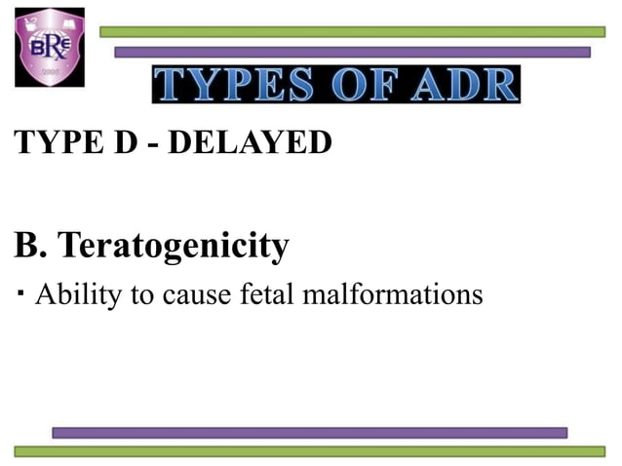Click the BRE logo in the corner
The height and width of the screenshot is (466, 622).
tap(49, 46)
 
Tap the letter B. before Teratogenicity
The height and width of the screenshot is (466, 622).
tap(30, 247)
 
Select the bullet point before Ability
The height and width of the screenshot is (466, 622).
tap(19, 291)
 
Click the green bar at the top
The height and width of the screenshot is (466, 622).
tap(352, 32)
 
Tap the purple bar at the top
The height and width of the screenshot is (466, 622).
tap(352, 52)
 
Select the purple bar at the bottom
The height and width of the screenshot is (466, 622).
tap(309, 432)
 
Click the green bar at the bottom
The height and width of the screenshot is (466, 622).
tap(309, 450)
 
